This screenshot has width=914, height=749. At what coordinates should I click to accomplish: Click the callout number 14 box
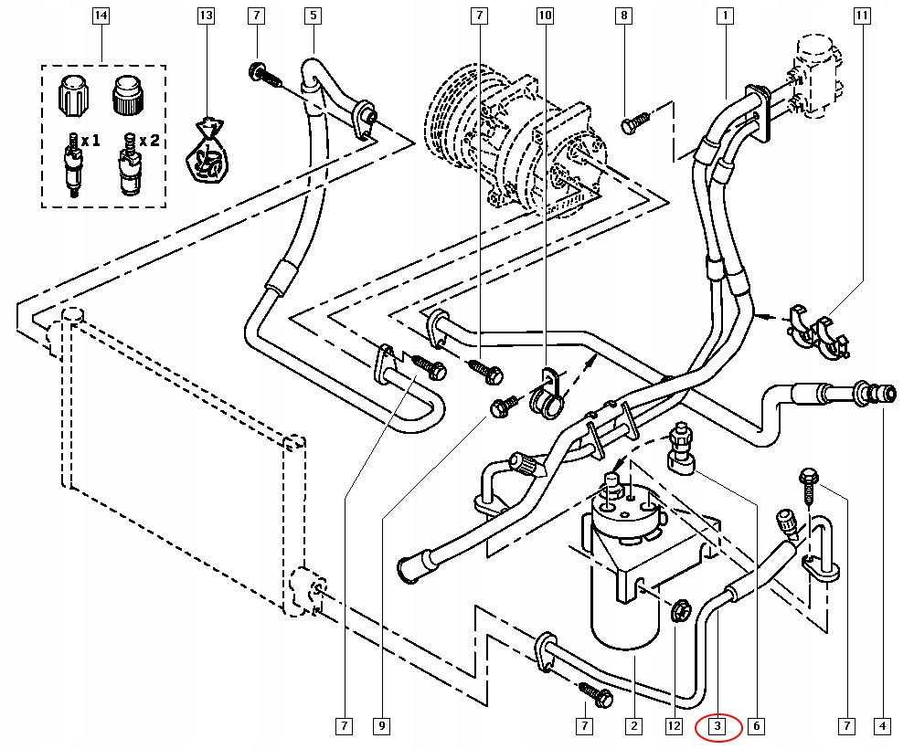pyautogui.click(x=101, y=16)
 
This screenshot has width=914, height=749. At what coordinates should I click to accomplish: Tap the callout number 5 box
pyautogui.click(x=313, y=16)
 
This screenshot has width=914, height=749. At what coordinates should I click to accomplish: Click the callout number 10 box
pyautogui.click(x=545, y=16)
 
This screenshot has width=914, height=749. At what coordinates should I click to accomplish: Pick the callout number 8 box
pyautogui.click(x=624, y=16)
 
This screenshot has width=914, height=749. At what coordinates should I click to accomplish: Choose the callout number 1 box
pyautogui.click(x=725, y=16)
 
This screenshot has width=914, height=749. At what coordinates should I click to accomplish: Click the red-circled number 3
pyautogui.click(x=718, y=727)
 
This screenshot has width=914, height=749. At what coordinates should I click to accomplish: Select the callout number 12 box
pyautogui.click(x=674, y=727)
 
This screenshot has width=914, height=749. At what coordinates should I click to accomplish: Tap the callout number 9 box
pyautogui.click(x=381, y=727)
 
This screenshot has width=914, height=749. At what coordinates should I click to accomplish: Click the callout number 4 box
pyautogui.click(x=882, y=727)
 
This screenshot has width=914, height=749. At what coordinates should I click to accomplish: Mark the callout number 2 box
pyautogui.click(x=632, y=727)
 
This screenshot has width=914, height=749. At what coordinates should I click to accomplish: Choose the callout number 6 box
pyautogui.click(x=756, y=727)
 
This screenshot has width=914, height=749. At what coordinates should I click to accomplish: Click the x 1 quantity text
pyautogui.click(x=90, y=142)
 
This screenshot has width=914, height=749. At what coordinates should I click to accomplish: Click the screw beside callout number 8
pyautogui.click(x=634, y=121)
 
